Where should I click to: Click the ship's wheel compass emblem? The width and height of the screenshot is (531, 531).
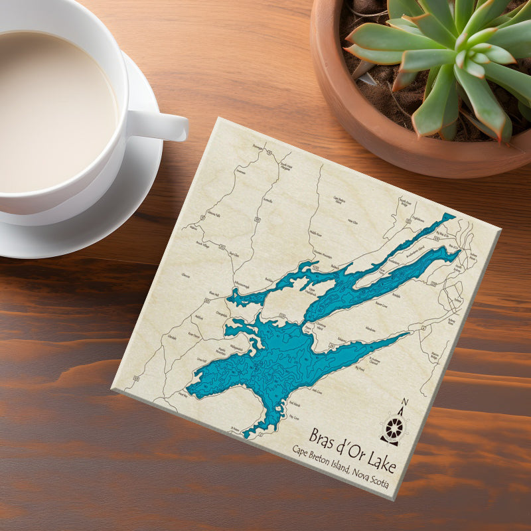click(394, 426)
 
